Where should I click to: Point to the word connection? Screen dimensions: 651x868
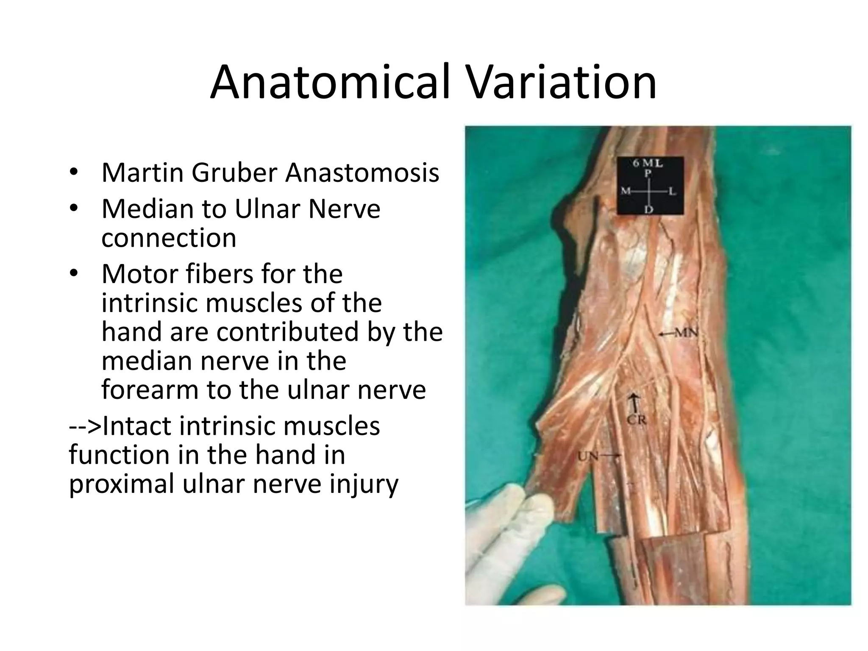click(169, 238)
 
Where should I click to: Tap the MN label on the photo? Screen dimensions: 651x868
click(686, 334)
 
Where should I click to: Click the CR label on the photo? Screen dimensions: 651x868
click(636, 420)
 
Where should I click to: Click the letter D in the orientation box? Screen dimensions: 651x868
click(648, 209)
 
